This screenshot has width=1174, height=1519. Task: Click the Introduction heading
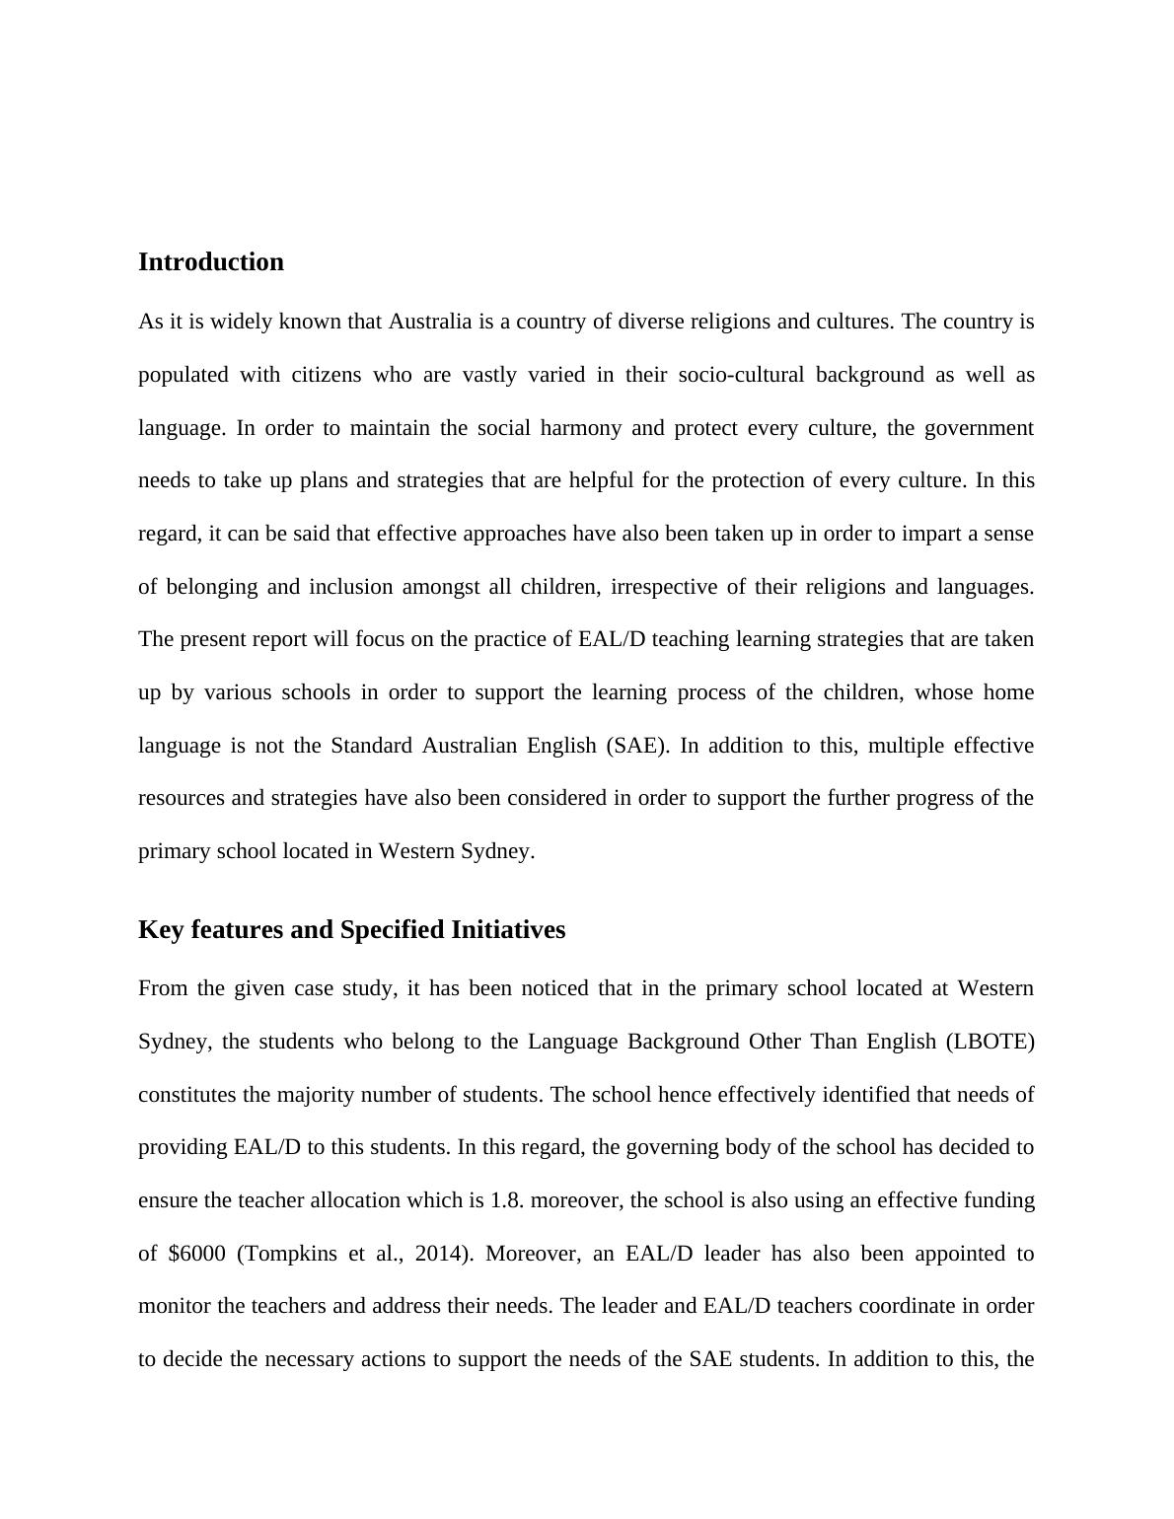pyautogui.click(x=210, y=262)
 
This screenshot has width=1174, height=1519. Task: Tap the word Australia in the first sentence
pyautogui.click(x=430, y=322)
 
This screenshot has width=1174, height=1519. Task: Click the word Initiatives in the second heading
pyautogui.click(x=508, y=930)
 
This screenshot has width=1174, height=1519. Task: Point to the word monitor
pyautogui.click(x=175, y=1306)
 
